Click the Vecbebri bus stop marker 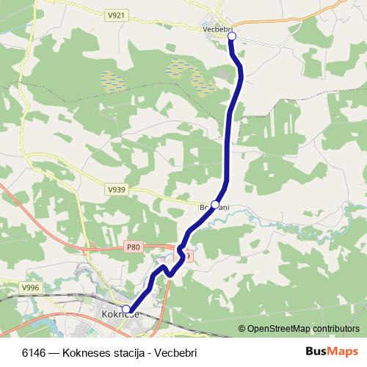tap(231, 35)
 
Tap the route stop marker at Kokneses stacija tap(126, 310)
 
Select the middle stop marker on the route tap(215, 204)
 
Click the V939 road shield tap(116, 189)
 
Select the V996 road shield tap(30, 287)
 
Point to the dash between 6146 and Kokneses tap(54, 352)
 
